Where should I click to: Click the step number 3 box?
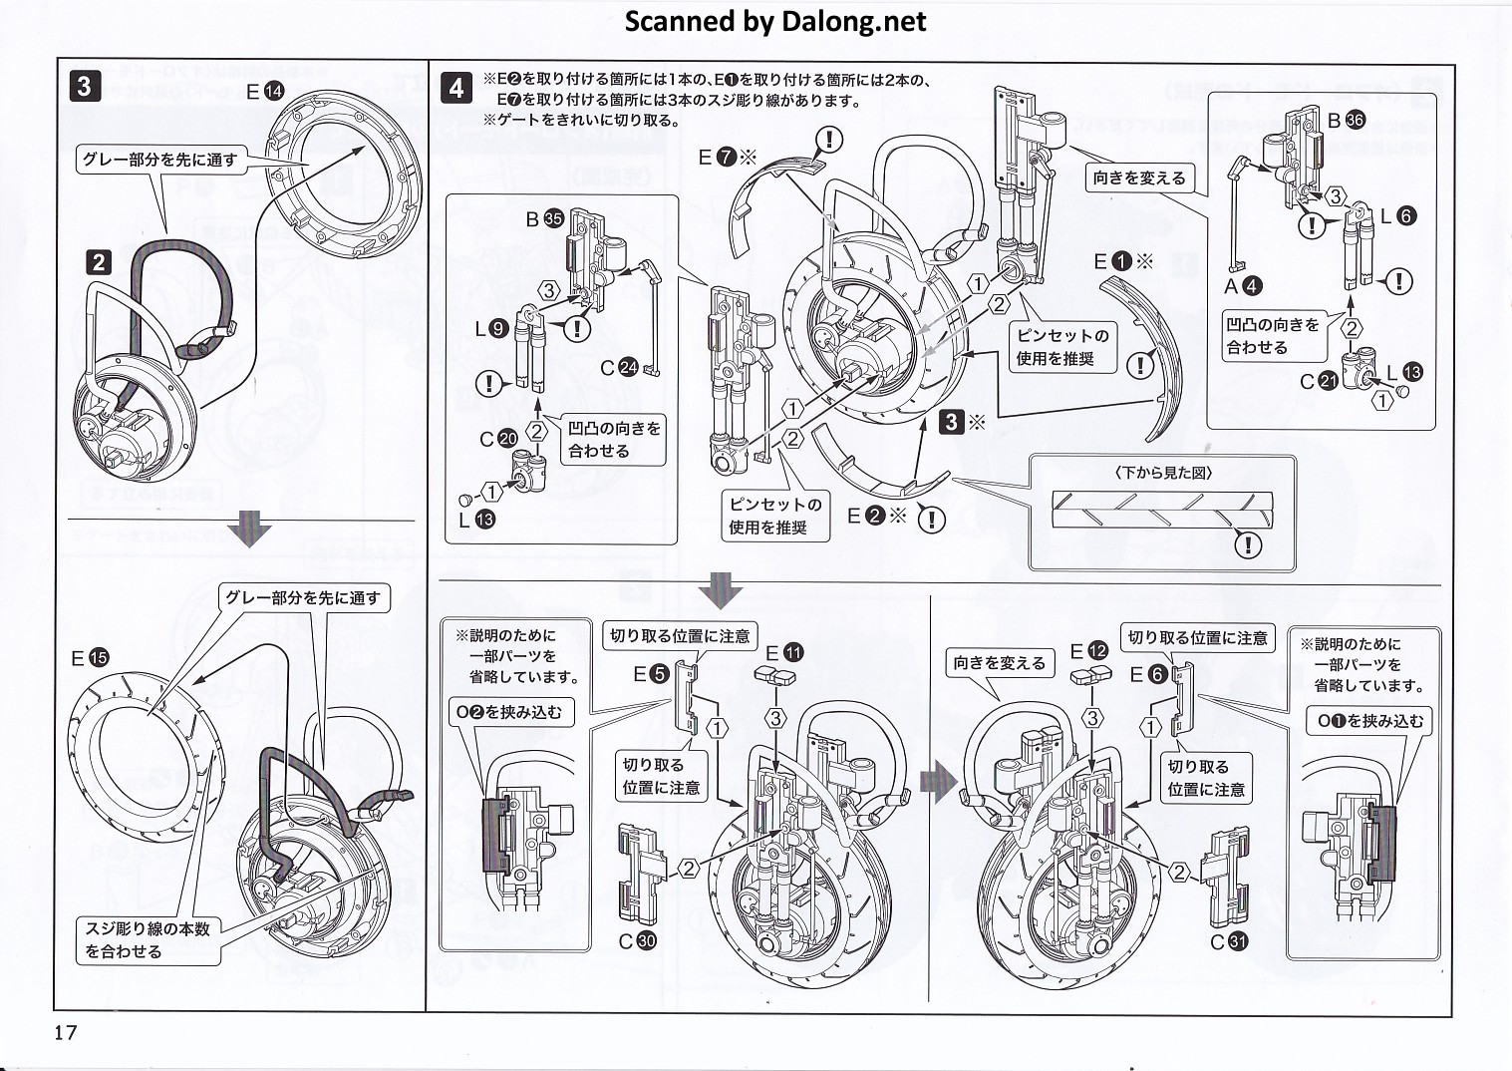[84, 86]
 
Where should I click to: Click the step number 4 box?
[455, 88]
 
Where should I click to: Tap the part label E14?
[265, 92]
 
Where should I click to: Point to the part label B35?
[545, 218]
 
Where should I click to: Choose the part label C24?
[618, 368]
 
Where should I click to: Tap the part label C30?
[637, 940]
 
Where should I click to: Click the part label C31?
[1228, 940]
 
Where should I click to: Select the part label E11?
[782, 653]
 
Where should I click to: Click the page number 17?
[66, 1032]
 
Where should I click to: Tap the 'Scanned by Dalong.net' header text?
[774, 21]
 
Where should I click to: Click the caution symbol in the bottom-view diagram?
[1247, 544]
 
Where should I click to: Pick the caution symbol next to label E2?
[930, 519]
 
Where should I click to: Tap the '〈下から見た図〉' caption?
[1163, 474]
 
